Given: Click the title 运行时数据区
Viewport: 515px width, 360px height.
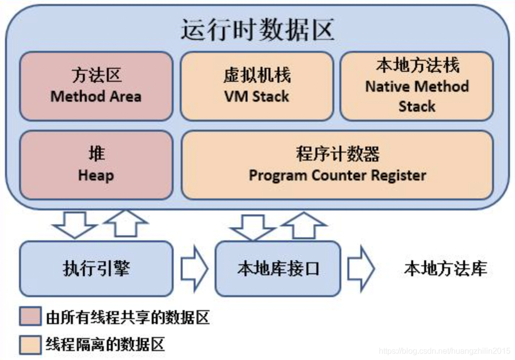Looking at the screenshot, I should tap(257, 30).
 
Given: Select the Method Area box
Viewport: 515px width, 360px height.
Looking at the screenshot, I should tap(96, 86).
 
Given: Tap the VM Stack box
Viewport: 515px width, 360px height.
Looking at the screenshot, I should tap(257, 86).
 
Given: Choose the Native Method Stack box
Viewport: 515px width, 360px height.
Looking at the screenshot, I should tap(417, 86).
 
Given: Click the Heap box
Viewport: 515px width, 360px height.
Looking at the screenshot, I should tap(96, 165).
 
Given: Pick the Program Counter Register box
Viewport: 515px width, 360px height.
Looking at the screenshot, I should tap(337, 165).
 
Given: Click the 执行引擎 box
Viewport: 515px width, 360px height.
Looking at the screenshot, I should tap(96, 269).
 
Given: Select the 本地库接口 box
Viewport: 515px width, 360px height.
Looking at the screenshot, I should tap(277, 269).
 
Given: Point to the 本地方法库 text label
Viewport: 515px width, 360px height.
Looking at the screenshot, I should tap(445, 269).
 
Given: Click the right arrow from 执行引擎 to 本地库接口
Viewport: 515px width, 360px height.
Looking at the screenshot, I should tap(194, 269).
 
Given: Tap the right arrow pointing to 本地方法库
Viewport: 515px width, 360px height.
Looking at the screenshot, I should tap(360, 269).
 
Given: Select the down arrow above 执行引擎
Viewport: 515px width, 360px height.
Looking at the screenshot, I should tap(75, 224).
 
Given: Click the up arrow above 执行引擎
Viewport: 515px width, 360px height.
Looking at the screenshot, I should tap(125, 224).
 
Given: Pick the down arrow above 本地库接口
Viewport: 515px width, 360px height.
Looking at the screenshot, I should tap(253, 227).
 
